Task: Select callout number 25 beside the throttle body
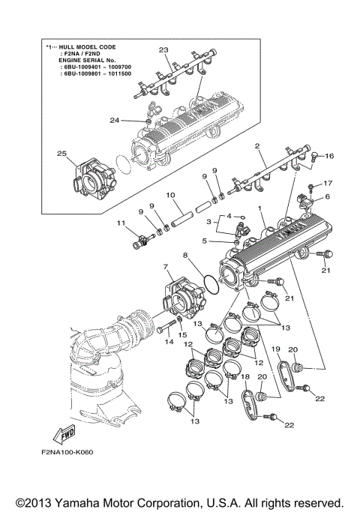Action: point(62,154)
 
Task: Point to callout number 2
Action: point(256,146)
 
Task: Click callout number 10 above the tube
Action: point(170,195)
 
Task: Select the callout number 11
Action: point(120,223)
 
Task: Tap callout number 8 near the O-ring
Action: point(185,255)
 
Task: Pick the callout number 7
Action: point(164,267)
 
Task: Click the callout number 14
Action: point(169,342)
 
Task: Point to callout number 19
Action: point(275,349)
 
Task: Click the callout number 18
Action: point(244,376)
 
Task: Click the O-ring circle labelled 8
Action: point(212,283)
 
